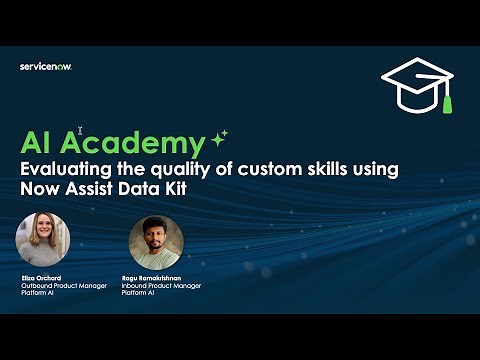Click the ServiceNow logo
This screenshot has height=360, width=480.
pos(46,67)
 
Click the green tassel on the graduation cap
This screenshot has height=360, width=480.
pos(447,101)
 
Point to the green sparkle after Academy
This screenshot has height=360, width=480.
pos(219,137)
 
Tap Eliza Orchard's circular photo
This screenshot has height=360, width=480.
pos(43,239)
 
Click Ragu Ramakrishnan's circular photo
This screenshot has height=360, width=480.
pos(154,241)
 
